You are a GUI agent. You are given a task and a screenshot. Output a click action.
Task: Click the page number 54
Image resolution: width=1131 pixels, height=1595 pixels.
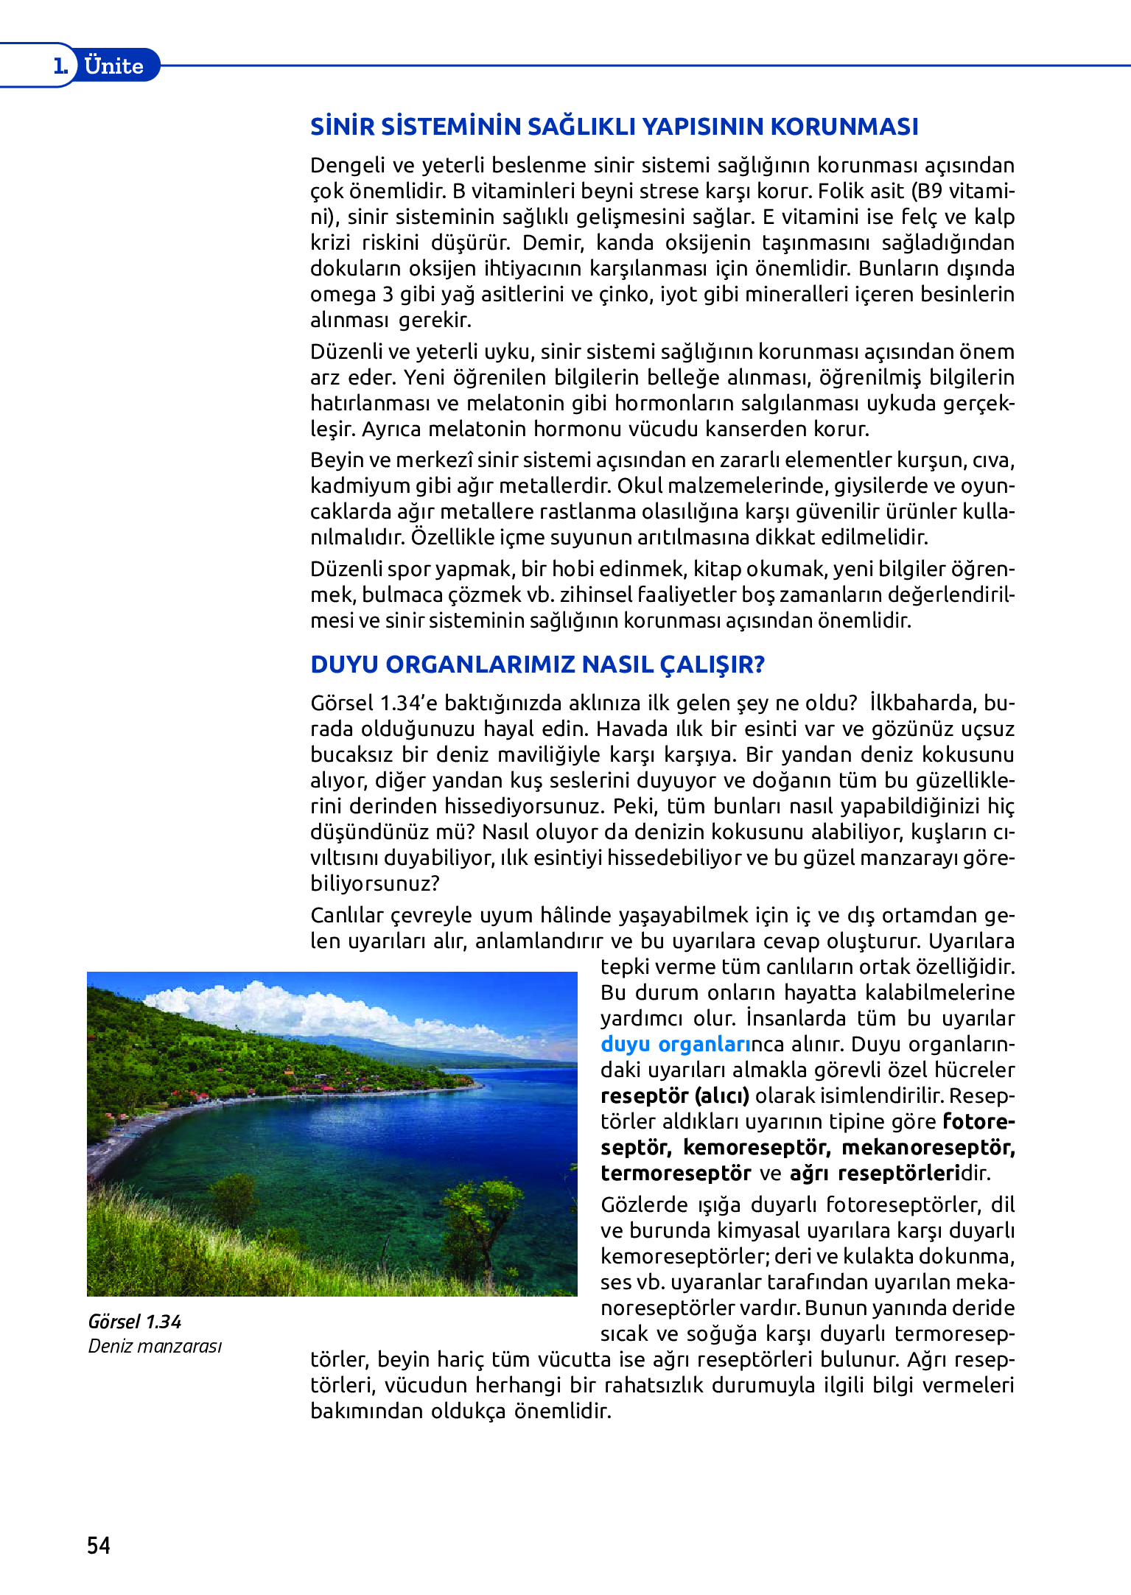(x=99, y=1545)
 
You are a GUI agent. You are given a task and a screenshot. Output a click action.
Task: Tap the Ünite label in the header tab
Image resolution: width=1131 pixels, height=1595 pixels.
(x=113, y=66)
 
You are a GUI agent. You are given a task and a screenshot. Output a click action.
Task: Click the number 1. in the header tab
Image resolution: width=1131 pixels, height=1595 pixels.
(x=60, y=66)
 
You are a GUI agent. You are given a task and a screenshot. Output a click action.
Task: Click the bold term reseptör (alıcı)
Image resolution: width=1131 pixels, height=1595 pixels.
(x=675, y=1096)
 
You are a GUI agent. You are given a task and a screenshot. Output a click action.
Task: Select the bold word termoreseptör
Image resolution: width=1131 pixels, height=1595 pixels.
(x=676, y=1173)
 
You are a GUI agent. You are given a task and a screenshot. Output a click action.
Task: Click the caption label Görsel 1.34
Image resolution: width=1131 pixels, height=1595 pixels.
(x=134, y=1321)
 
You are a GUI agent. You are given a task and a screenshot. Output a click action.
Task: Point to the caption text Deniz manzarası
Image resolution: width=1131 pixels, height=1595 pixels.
(x=155, y=1346)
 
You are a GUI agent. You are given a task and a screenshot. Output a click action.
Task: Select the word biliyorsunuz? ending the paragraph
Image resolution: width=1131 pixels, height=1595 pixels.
(x=375, y=883)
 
